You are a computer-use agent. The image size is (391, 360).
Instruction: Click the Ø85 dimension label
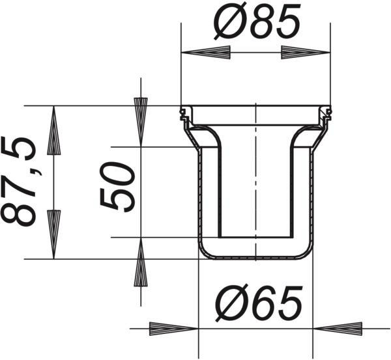(257, 21)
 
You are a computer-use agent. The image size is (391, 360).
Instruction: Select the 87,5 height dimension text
(19, 182)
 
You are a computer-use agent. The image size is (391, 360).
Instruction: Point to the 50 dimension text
(117, 187)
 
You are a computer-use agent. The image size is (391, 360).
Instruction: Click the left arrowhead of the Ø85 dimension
(206, 53)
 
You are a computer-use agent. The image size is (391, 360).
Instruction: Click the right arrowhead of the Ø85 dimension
(306, 53)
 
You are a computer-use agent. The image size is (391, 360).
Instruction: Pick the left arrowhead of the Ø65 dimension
(173, 329)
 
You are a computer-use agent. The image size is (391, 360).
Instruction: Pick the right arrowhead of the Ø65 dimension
(338, 329)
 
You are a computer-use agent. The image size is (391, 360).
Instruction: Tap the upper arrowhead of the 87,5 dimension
(54, 131)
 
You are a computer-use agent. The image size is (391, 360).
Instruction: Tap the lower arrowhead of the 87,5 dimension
(54, 234)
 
